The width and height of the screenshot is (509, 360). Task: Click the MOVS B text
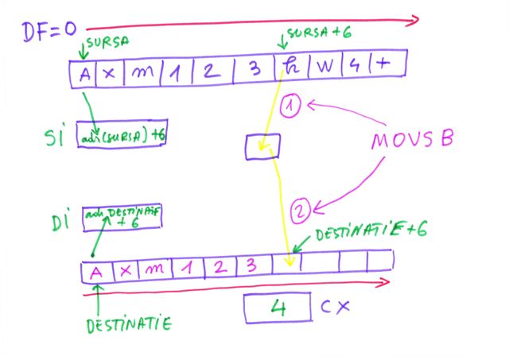pyautogui.click(x=412, y=142)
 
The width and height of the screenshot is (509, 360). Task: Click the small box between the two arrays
pyautogui.click(x=262, y=145)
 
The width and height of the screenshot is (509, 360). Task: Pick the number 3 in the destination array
pyautogui.click(x=251, y=266)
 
